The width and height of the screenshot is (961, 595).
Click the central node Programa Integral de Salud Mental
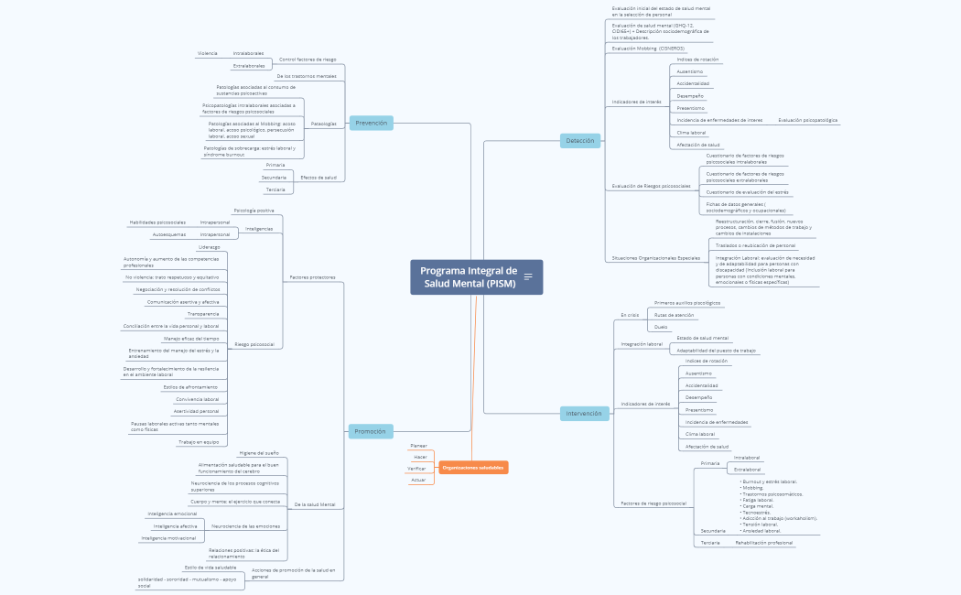coord(469,276)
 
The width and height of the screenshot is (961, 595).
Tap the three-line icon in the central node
coord(528,276)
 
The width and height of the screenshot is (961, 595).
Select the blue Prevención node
coord(371,123)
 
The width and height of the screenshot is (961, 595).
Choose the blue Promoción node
coord(370,431)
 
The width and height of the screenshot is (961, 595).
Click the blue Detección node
coord(579,140)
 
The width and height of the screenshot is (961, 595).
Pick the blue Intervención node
coord(584,413)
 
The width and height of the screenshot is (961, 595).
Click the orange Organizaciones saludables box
coord(473,468)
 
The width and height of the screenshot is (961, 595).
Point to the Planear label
coord(419,445)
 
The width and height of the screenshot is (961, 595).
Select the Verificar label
coord(417,468)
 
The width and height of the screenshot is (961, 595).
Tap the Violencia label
coord(207,53)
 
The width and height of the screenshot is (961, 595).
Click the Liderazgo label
coord(209,247)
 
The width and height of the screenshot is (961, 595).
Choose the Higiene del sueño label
coord(259,453)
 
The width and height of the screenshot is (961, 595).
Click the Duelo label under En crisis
coord(660,327)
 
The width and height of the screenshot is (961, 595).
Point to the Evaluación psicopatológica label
coord(807,120)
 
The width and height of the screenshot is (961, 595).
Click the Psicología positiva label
coord(254,211)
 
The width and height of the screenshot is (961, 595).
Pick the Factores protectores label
coord(312,276)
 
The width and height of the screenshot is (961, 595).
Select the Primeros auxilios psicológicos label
coord(687,302)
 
